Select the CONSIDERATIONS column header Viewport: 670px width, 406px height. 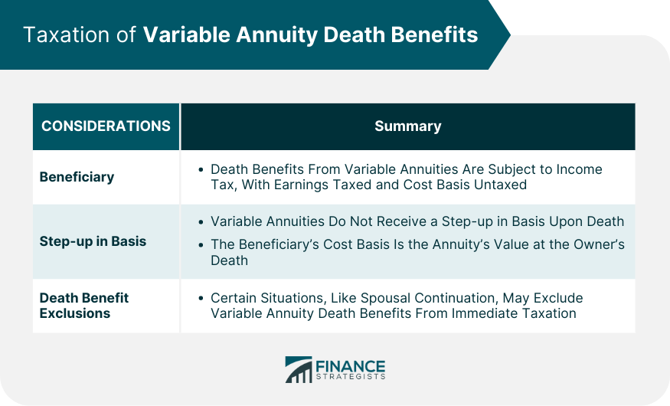pyautogui.click(x=106, y=126)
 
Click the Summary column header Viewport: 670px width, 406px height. pyautogui.click(x=407, y=126)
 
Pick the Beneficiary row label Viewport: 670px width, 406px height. pyautogui.click(x=77, y=177)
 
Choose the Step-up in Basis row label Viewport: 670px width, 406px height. pyautogui.click(x=93, y=241)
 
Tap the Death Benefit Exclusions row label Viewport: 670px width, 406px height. pyautogui.click(x=84, y=305)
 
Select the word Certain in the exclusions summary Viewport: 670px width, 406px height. pyautogui.click(x=234, y=298)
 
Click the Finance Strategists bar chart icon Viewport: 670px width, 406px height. pyautogui.click(x=299, y=369)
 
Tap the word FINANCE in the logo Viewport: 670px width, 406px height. pyautogui.click(x=350, y=365)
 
